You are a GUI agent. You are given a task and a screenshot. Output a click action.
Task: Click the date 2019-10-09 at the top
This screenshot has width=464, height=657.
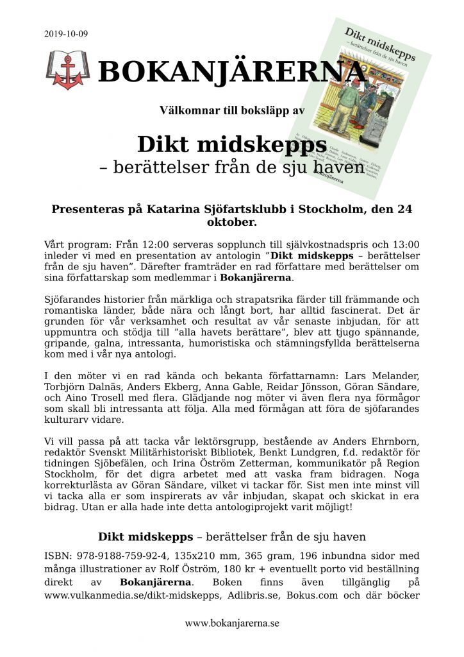coord(67,33)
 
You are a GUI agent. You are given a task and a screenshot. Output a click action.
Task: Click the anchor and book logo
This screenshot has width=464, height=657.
coord(67,70)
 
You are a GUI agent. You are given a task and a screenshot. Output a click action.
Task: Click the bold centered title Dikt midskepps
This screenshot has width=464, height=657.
coord(231,143)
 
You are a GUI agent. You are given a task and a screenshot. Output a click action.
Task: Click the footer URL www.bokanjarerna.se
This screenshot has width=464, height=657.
coord(232,623)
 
